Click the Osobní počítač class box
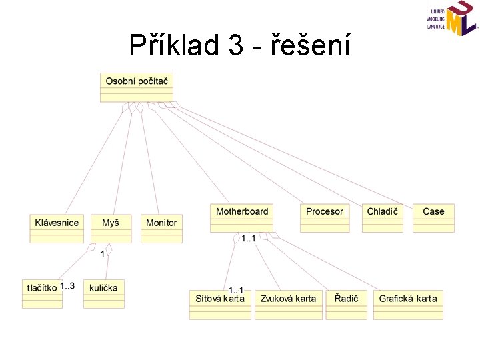point(137,86)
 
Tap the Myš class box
point(111,228)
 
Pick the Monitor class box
point(161,228)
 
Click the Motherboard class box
point(242,217)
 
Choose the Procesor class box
point(325,217)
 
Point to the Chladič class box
point(383,217)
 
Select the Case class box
point(433,217)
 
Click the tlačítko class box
point(41,293)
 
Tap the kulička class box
point(104,293)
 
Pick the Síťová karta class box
point(219,305)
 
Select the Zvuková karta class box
point(289,305)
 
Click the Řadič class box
point(347,305)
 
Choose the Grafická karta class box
point(408,305)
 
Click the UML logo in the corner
point(453,19)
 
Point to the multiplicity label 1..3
point(67,286)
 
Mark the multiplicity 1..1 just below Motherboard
point(248,238)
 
